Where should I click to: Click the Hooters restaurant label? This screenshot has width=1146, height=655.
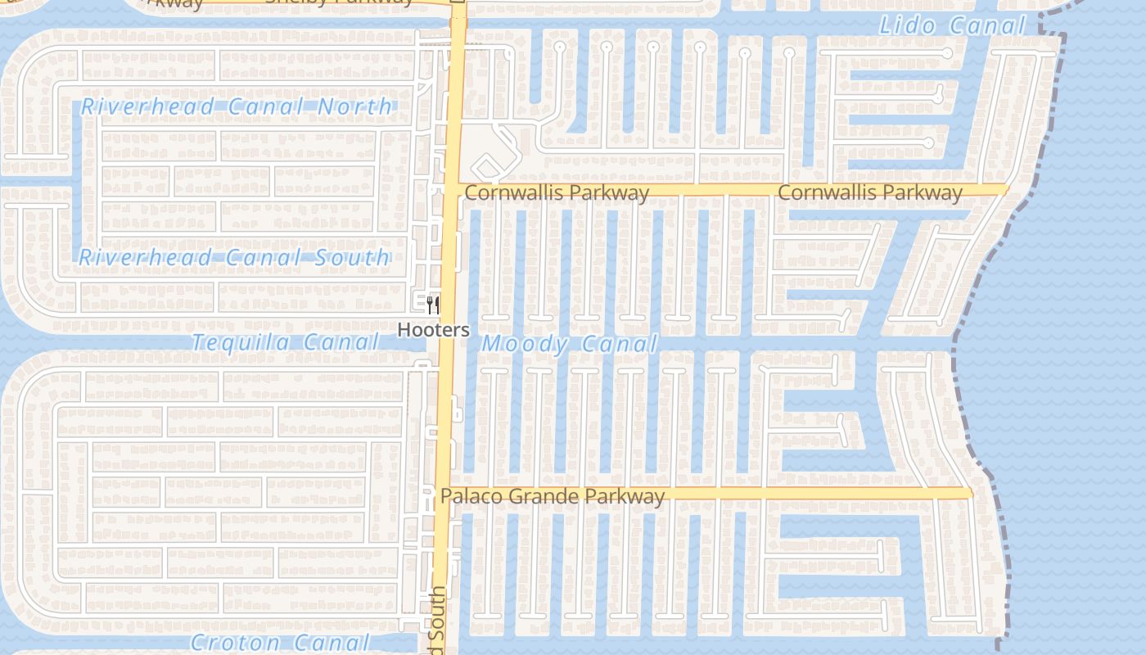[433, 330]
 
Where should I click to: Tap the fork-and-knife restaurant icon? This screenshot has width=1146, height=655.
[433, 305]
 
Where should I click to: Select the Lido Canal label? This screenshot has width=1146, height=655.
[952, 25]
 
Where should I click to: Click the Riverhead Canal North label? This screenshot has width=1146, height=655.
[237, 106]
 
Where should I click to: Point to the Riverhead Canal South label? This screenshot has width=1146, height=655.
[234, 257]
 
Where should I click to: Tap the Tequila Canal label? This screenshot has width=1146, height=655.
[284, 342]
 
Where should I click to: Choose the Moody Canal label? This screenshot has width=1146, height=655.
[570, 345]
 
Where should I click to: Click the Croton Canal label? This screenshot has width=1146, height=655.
[280, 643]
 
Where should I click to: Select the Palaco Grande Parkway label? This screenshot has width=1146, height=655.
[553, 496]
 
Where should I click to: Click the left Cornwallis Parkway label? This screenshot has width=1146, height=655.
[557, 192]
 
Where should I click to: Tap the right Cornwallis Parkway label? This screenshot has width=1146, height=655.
[870, 192]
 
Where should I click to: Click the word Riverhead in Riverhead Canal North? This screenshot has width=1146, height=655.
[148, 106]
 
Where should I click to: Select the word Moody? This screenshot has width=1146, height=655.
[526, 345]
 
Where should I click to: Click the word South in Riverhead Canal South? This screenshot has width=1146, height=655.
[353, 257]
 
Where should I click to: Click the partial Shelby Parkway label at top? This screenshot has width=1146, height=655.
[340, 2]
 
